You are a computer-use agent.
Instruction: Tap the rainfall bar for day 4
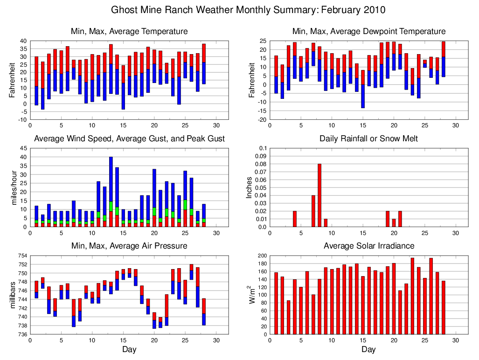coord(295,219)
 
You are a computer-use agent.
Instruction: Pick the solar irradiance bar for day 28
coord(443,307)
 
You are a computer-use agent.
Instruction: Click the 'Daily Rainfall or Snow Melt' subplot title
coord(368,138)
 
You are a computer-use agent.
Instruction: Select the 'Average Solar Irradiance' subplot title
coord(368,246)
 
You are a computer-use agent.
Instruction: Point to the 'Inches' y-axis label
coord(249,187)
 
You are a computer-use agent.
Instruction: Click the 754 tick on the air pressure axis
coord(22,256)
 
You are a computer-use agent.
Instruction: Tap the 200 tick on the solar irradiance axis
coord(261,256)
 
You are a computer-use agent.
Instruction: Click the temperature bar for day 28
coord(204,64)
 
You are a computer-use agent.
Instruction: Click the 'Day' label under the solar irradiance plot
coord(368,349)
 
